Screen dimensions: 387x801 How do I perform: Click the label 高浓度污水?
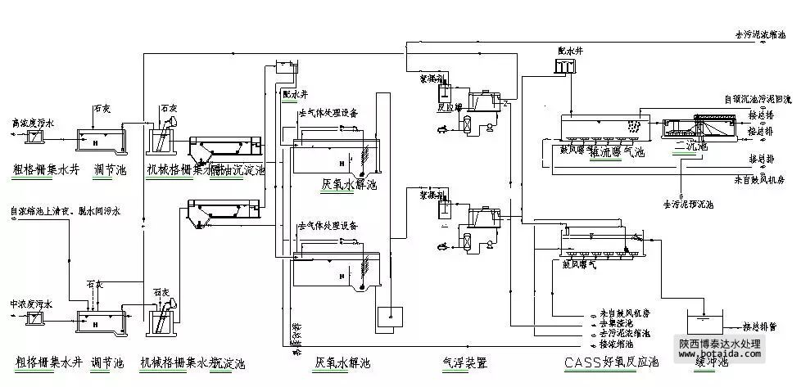(x=30, y=122)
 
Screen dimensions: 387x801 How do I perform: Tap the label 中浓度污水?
(x=30, y=304)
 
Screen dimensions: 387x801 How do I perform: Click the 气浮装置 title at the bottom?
(x=464, y=361)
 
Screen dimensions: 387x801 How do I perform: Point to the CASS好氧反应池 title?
(x=611, y=361)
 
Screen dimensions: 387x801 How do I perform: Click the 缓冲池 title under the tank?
(x=709, y=361)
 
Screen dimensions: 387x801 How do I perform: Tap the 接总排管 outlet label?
(x=760, y=326)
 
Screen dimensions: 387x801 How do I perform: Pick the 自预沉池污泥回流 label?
(x=758, y=99)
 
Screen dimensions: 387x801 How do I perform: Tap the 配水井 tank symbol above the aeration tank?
(x=567, y=67)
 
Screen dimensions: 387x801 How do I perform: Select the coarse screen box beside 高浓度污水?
(x=35, y=137)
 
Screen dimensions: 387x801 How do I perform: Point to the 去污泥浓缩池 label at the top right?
(x=761, y=36)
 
